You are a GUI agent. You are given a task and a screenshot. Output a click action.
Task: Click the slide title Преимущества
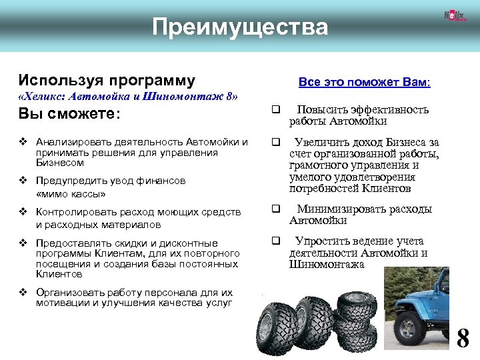click(240, 28)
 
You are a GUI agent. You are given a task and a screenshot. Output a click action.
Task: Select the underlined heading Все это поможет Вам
click(364, 82)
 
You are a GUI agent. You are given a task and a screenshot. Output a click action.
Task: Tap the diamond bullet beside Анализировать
click(23, 142)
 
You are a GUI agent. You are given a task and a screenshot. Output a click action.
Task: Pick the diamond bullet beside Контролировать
click(23, 212)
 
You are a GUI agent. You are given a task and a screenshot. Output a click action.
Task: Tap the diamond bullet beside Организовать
click(23, 293)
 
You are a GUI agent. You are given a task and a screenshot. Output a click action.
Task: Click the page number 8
click(463, 339)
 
